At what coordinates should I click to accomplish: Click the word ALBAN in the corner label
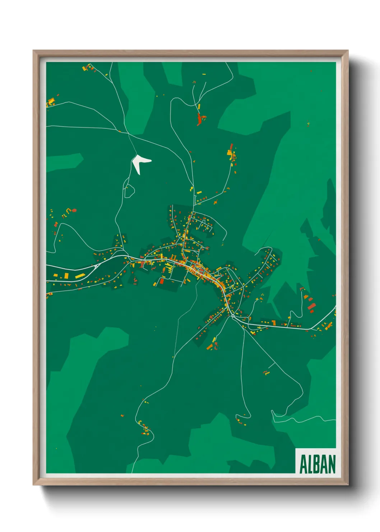(x=317, y=464)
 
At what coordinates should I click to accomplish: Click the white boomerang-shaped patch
(x=140, y=162)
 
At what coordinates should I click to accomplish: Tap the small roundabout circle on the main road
(x=233, y=316)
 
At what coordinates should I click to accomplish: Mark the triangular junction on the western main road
(x=97, y=266)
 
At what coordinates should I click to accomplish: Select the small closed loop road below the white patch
(x=129, y=191)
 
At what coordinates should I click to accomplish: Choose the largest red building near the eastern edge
(x=311, y=307)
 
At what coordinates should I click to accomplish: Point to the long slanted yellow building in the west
(x=80, y=276)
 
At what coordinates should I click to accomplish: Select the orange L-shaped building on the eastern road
(x=274, y=322)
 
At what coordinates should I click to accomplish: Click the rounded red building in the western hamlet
(x=74, y=210)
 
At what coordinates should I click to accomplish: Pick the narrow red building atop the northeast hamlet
(x=232, y=146)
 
